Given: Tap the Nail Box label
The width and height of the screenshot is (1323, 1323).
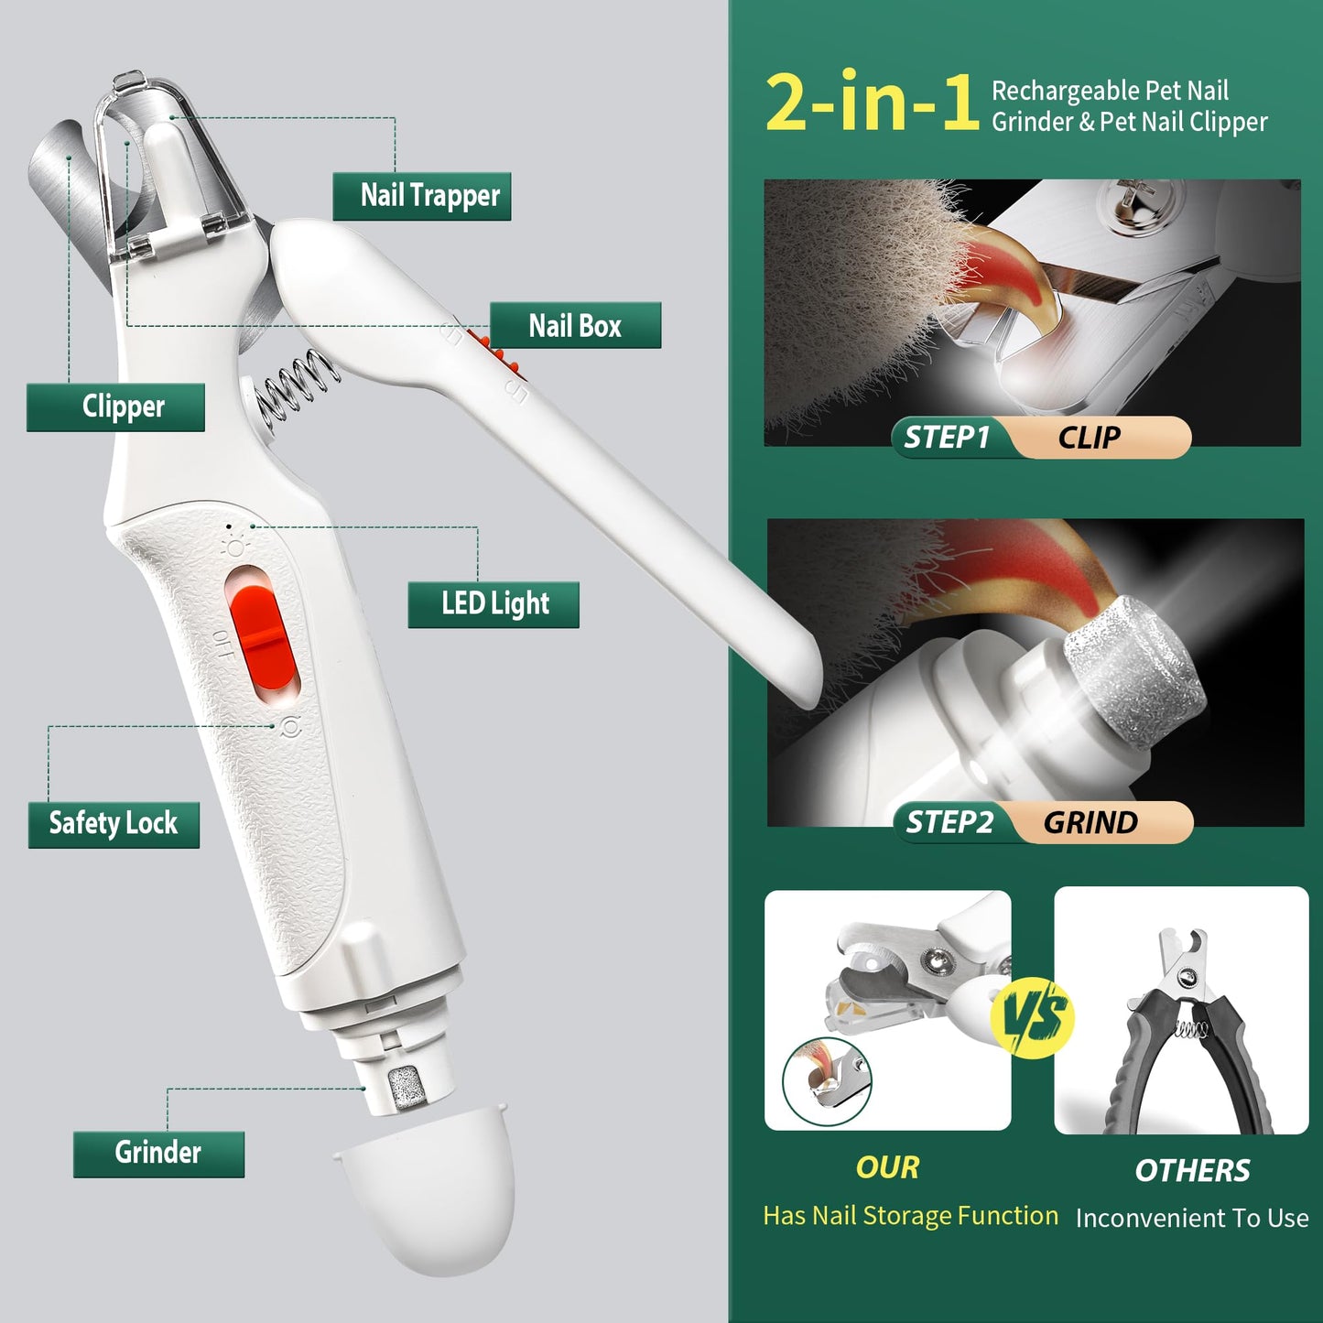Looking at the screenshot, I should click(x=575, y=326).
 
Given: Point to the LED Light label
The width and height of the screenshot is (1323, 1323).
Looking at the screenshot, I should click(x=493, y=604).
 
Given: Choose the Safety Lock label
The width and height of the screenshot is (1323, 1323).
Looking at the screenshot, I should click(x=114, y=824).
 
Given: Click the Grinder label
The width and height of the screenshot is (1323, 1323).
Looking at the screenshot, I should click(x=158, y=1154).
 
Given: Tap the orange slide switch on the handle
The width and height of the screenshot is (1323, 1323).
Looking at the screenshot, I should click(x=262, y=636).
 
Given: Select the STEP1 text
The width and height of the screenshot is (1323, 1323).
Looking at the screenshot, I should click(x=947, y=438).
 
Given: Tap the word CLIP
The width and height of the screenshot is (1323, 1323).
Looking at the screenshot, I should click(x=1090, y=438).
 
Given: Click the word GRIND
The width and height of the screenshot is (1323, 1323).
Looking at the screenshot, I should click(x=1090, y=823).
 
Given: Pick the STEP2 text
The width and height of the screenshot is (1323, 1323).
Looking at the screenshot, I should click(x=949, y=823).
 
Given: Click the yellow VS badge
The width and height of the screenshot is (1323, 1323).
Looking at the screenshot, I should click(x=1033, y=1018).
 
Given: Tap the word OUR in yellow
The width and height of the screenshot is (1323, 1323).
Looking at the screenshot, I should click(x=887, y=1168).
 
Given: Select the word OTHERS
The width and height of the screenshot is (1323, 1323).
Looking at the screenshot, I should click(x=1192, y=1171).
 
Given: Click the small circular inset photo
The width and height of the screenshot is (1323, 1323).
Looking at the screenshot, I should click(x=828, y=1081).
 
